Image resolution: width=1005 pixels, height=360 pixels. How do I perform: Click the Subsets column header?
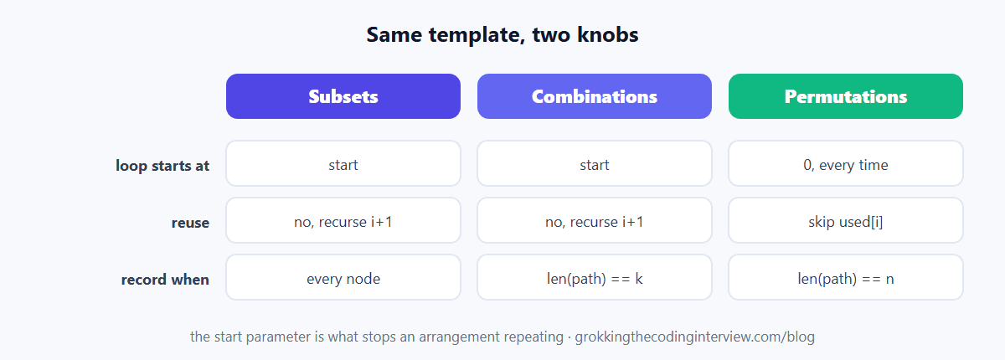[x=343, y=96]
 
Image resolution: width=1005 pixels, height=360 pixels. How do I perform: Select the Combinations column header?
[x=595, y=96]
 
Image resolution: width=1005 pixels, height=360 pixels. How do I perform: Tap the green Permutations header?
[x=846, y=96]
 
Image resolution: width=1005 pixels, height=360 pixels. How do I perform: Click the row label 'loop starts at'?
[x=162, y=166]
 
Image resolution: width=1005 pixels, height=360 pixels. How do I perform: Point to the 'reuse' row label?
[x=190, y=223]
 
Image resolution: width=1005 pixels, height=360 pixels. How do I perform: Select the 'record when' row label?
[x=165, y=280]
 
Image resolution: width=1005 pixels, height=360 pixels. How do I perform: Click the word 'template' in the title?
[x=477, y=35]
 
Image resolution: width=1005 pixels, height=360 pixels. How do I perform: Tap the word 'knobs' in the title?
[x=607, y=34]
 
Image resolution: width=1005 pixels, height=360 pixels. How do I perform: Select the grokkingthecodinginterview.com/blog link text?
[x=694, y=337]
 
